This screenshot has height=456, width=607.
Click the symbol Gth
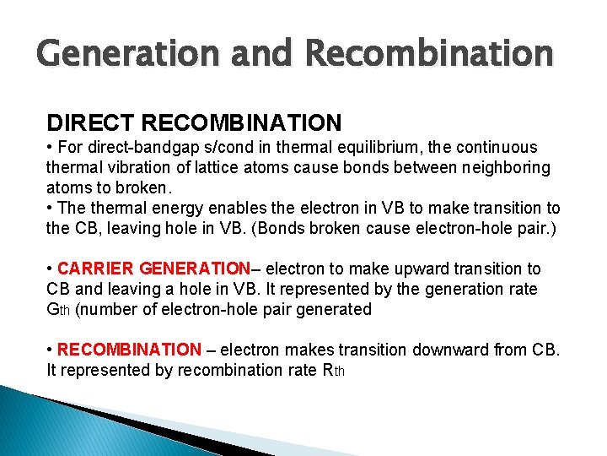58,310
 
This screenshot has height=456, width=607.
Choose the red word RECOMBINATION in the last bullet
129,350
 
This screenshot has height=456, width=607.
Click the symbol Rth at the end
334,371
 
